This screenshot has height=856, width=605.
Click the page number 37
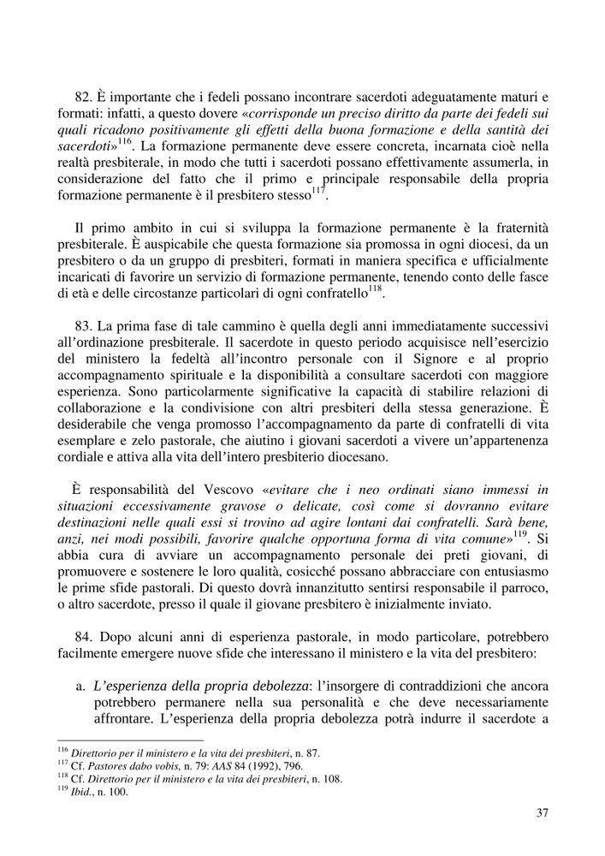[x=542, y=813]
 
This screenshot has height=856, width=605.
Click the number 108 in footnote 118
[x=341, y=778]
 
